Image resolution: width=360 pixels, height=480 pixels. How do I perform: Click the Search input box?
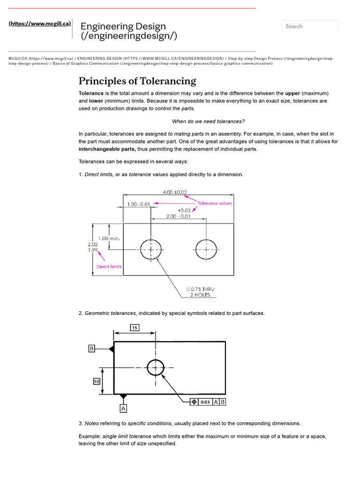coord(309,26)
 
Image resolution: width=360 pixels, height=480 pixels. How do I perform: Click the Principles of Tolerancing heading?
coord(137,81)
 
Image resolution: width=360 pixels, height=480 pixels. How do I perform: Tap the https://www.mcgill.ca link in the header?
coord(40,23)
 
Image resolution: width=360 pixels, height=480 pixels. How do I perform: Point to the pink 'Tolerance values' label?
coord(215,203)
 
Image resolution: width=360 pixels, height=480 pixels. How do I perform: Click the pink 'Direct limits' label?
coord(109,267)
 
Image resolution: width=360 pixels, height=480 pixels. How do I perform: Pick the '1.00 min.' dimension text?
coord(109,239)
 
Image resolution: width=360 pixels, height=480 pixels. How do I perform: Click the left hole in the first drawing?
coord(150,250)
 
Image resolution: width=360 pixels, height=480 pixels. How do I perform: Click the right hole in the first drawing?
coord(206,250)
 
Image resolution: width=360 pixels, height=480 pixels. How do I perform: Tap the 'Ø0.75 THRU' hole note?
coord(200,289)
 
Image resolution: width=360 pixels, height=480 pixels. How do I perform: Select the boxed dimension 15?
coord(135,328)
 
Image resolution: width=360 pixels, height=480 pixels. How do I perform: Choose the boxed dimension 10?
coord(97,382)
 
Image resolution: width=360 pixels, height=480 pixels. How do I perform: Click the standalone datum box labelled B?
coord(92,348)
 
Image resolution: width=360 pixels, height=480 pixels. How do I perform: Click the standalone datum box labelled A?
coord(123,408)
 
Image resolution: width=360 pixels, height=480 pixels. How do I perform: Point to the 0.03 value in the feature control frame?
coord(205,402)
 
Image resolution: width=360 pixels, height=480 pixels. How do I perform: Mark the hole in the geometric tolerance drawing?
coord(155,367)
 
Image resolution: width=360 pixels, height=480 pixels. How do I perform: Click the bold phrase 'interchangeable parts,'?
coord(107,149)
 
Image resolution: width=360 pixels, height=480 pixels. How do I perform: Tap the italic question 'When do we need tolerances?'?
coord(208,121)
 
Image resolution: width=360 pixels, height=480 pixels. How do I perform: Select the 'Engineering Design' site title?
coord(123,26)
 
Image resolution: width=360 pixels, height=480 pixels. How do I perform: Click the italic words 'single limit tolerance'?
coord(127,436)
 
